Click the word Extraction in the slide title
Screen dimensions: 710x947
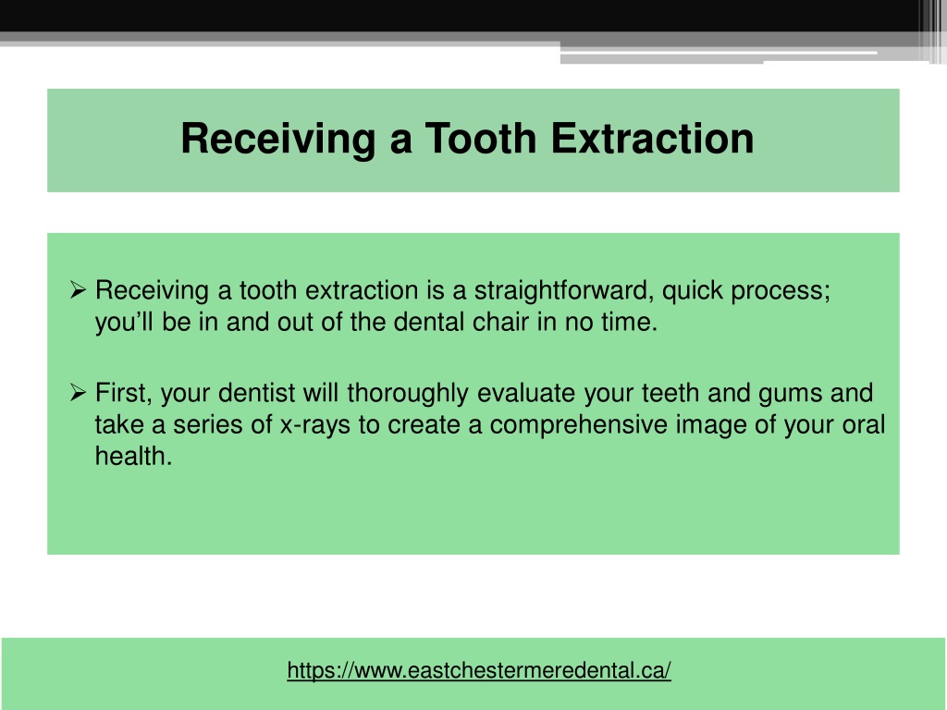(x=652, y=140)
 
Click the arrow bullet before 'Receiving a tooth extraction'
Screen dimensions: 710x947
(x=79, y=291)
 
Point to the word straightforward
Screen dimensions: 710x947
(x=563, y=291)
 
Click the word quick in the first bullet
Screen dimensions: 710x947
(x=695, y=291)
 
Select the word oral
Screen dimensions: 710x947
(x=866, y=425)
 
